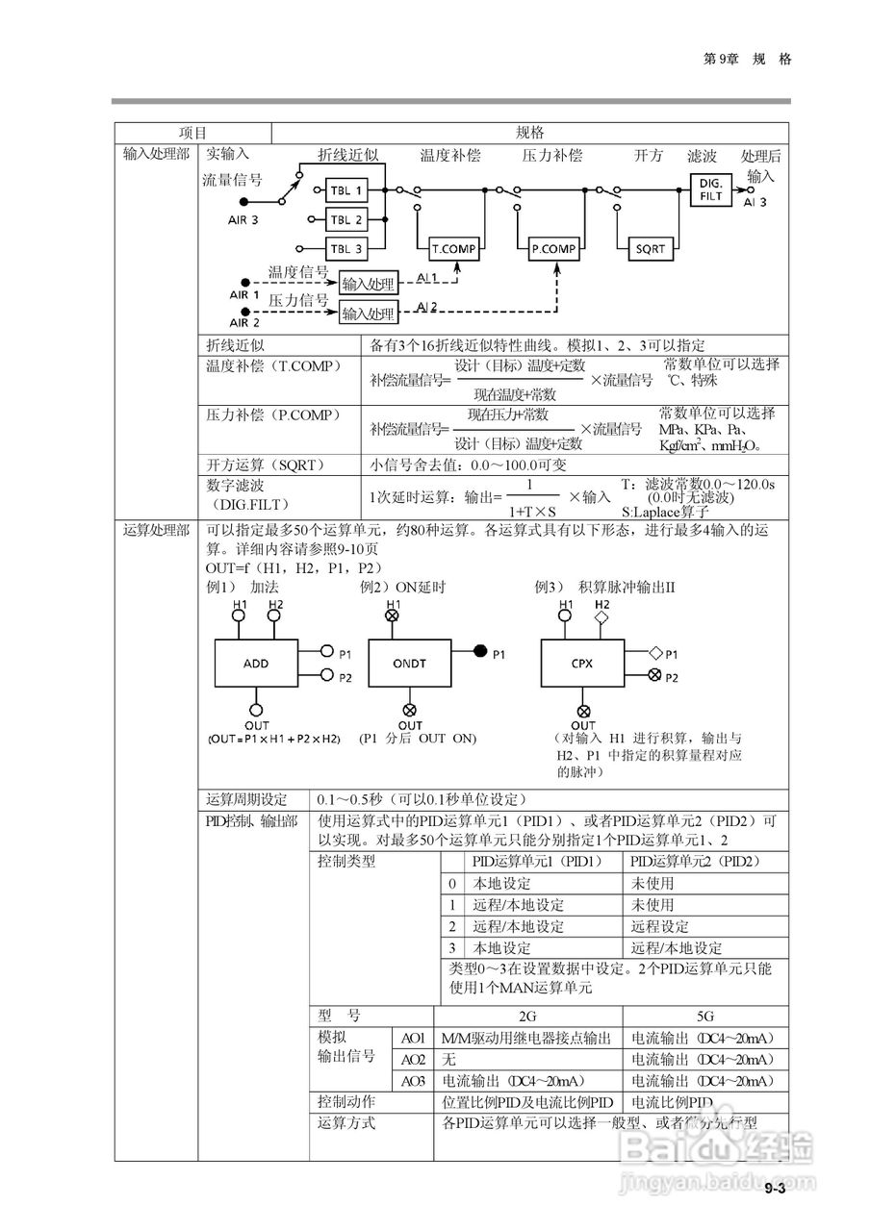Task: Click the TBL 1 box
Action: (346, 190)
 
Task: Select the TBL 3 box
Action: (346, 248)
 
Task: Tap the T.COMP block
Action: (453, 248)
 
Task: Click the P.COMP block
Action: (553, 248)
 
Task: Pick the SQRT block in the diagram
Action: (650, 248)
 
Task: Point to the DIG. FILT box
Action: (710, 188)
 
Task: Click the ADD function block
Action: (256, 664)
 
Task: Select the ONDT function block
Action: (410, 664)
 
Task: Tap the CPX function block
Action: (581, 664)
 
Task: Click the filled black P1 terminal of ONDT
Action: (480, 653)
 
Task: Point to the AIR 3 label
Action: (243, 220)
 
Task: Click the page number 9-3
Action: (776, 1191)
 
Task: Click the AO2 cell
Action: (414, 1059)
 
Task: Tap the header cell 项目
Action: (192, 133)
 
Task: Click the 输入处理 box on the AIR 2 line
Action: (369, 314)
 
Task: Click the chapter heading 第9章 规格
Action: (748, 59)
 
